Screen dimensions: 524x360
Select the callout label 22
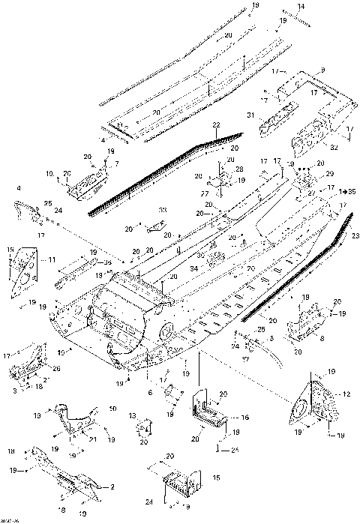point(215,124)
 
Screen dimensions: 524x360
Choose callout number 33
point(163,211)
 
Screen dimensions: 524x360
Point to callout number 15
point(217,478)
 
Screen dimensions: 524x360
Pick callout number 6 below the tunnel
point(150,393)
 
